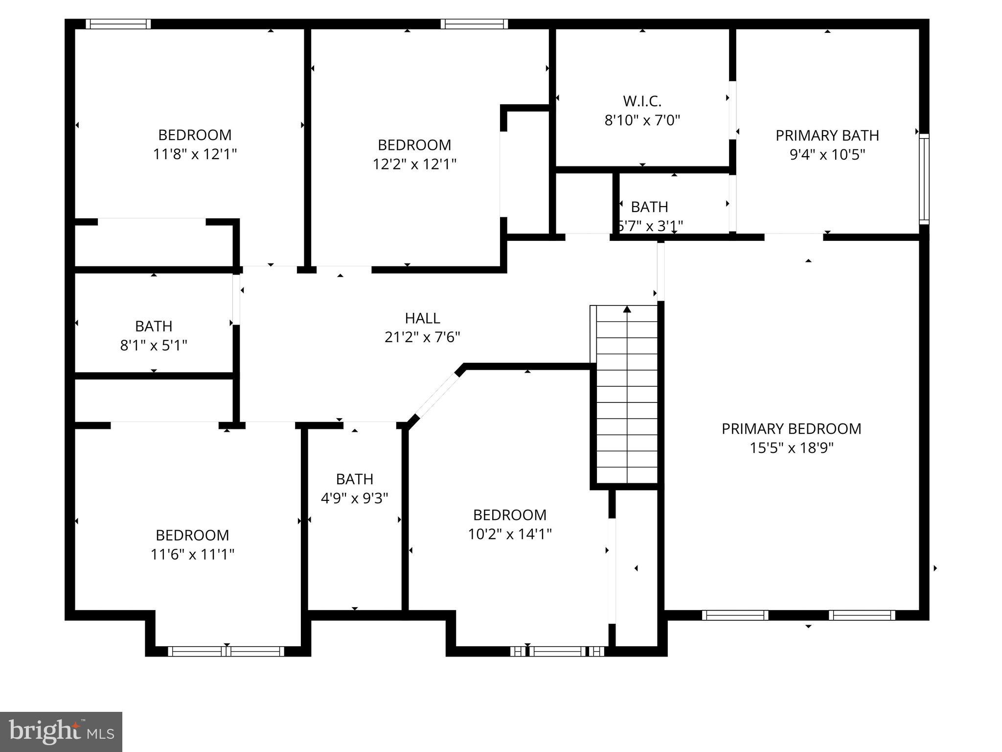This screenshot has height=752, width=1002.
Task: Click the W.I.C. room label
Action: [642, 101]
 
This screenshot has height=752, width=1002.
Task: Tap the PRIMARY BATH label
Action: [827, 135]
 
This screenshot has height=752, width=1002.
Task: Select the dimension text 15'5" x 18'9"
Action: [791, 447]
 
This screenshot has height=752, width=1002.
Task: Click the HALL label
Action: [422, 318]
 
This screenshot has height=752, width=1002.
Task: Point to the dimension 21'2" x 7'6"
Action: [422, 337]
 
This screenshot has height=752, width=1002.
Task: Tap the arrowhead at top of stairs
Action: [627, 309]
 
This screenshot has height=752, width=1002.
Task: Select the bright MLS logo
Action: [61, 731]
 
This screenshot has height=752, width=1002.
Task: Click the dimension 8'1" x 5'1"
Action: [154, 346]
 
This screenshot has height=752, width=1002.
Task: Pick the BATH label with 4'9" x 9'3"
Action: [354, 479]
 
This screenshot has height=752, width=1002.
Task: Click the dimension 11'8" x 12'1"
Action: [195, 154]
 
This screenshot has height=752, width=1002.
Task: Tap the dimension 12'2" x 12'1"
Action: [414, 164]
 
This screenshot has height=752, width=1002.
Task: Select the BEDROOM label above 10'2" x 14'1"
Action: [509, 515]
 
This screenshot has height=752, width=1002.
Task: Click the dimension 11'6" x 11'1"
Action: [192, 554]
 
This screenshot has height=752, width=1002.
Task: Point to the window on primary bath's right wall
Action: [923, 179]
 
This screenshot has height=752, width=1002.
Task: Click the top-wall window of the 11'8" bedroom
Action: [118, 24]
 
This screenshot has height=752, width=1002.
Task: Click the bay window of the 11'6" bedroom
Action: [226, 651]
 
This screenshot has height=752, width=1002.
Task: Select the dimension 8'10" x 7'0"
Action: [642, 120]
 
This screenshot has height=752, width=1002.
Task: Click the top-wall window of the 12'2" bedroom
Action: [474, 24]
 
